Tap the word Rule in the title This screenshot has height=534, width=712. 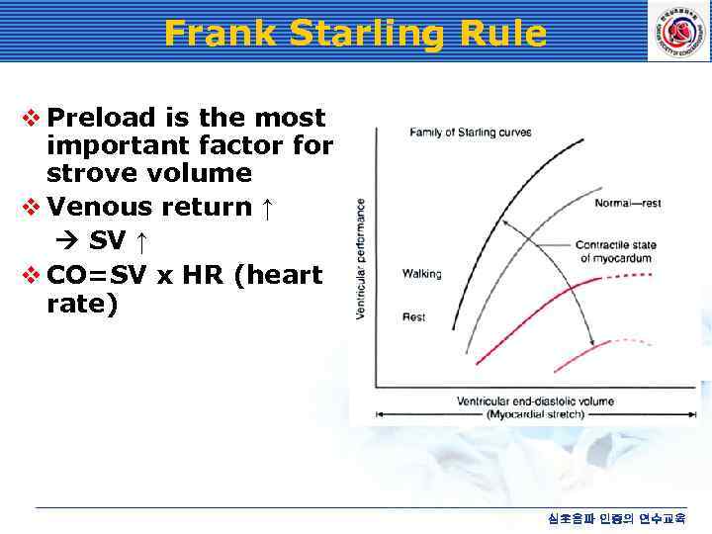coord(502,34)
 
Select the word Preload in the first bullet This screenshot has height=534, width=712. coord(102,118)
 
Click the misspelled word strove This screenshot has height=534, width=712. coord(94,173)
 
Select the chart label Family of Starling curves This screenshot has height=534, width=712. coord(471,133)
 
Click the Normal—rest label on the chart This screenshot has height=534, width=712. coord(627,204)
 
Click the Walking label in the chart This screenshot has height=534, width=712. coord(422,274)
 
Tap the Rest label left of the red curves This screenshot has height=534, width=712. coord(414,316)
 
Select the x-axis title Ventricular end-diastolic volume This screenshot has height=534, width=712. coord(535,401)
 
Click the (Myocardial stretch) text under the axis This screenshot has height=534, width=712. coord(535,414)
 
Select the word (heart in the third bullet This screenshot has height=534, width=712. coord(277,274)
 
